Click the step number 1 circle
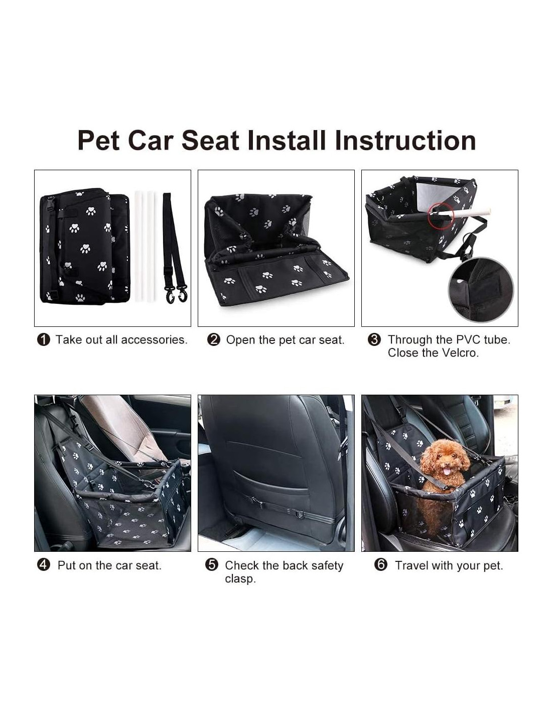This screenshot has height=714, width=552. click(44, 340)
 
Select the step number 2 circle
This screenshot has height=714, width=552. click(213, 340)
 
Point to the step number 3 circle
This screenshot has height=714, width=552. click(374, 340)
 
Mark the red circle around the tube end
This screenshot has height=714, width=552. click(441, 215)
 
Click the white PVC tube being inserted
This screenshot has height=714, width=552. click(464, 212)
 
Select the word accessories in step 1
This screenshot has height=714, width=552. click(154, 340)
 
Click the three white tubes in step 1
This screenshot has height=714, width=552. click(144, 247)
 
